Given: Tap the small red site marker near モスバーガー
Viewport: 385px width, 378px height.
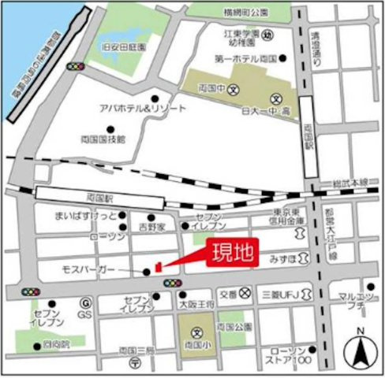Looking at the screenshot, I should coord(158,267).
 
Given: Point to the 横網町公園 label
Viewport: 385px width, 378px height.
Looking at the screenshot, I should coord(246,13).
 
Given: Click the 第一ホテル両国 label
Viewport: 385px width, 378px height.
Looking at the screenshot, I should coord(244,57).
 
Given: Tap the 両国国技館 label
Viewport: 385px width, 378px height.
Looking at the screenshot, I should coord(103,138).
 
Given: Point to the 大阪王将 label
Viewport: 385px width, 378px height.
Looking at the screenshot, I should coord(192,301).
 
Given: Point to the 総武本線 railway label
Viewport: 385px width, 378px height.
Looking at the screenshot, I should coord(350,183).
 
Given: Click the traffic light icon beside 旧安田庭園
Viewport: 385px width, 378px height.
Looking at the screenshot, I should coord(77,66).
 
